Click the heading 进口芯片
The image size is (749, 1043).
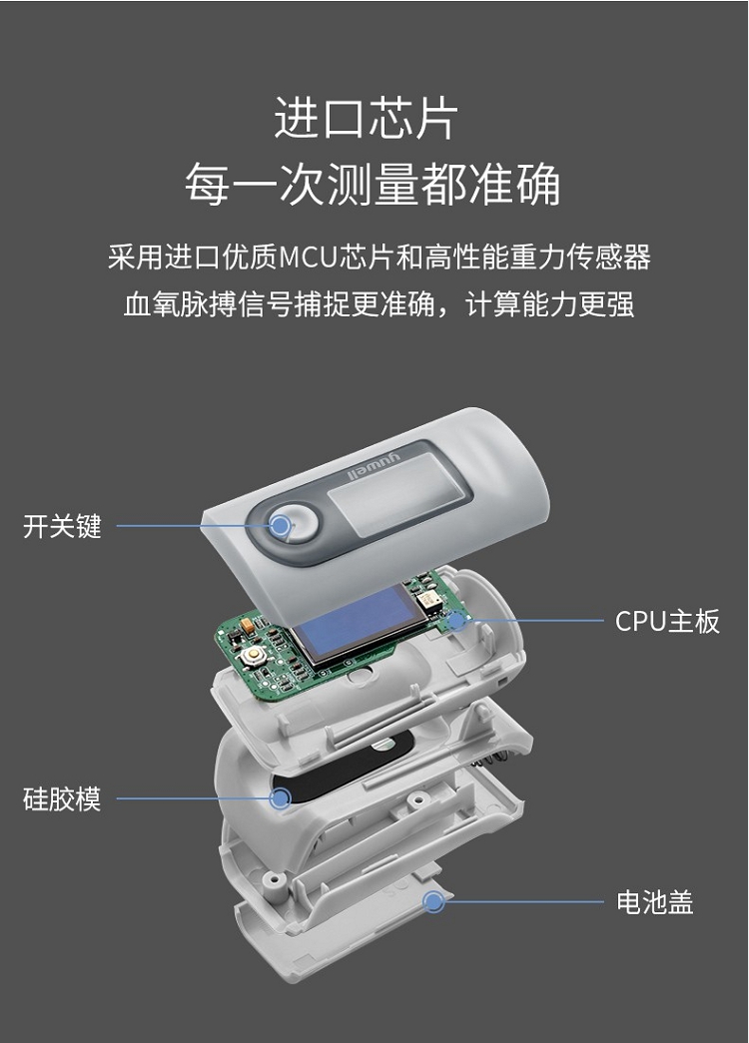[x=367, y=119]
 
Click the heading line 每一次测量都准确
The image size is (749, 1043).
[x=373, y=184]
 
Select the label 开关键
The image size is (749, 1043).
[x=62, y=526]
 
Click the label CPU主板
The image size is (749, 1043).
[x=667, y=621]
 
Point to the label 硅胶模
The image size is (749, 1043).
[x=62, y=798]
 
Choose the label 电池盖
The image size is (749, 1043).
[x=655, y=902]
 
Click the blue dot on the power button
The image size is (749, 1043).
[x=282, y=526]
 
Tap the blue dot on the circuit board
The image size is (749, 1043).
[x=456, y=621]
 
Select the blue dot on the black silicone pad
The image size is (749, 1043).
[x=281, y=798]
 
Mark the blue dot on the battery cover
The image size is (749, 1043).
[x=434, y=902]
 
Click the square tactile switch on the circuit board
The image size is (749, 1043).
[x=253, y=656]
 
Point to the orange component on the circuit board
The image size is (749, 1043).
[x=247, y=625]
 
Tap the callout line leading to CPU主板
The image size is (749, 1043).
[x=534, y=621]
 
